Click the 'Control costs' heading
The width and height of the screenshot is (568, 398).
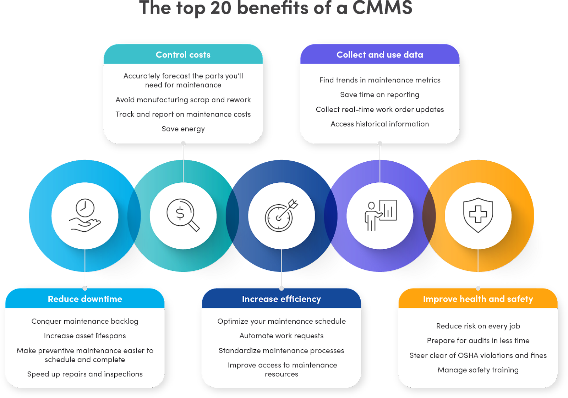183,55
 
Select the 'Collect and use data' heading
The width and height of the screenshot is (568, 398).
379,55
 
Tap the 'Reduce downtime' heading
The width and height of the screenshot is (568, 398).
85,299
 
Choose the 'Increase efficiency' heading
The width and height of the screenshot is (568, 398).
281,299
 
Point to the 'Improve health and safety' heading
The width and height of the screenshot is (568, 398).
478,299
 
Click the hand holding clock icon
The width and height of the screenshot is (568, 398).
85,215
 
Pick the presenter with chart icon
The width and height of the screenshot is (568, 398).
380,215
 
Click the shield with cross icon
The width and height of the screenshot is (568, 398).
478,215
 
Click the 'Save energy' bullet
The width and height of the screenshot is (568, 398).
183,129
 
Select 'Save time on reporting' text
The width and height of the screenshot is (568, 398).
379,95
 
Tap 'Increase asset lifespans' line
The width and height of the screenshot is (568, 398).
85,336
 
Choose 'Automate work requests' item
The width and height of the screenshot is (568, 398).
281,336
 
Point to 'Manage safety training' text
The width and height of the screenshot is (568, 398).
478,370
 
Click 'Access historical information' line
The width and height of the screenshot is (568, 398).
379,124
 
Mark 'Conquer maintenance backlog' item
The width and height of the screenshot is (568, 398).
85,321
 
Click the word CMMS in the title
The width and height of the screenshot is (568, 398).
382,8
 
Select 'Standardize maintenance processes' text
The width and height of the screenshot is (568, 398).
281,351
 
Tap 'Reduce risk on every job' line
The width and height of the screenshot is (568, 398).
478,326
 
